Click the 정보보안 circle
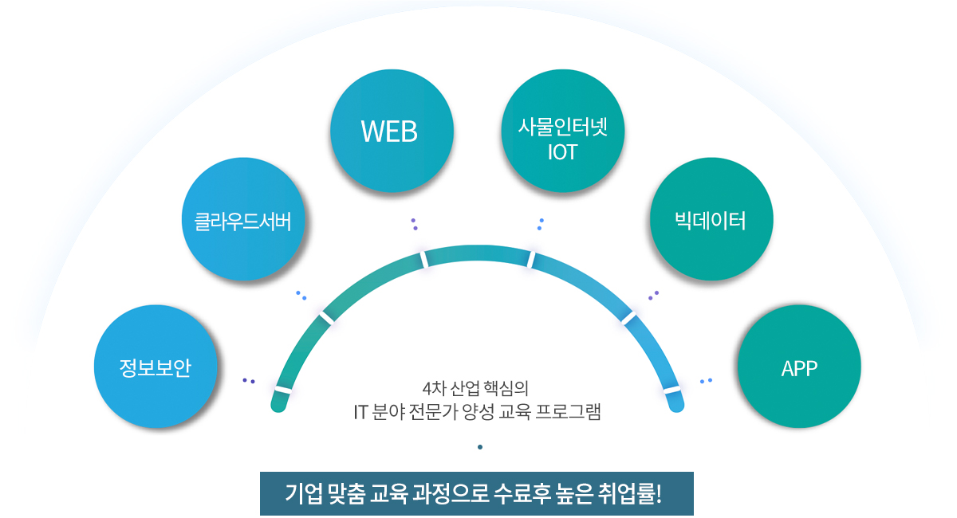coord(156,367)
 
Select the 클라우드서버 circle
coord(243,219)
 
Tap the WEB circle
coord(391,132)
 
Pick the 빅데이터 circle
coord(711,219)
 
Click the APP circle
coord(799,367)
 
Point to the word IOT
coord(562,152)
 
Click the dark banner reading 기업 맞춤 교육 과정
coord(476,493)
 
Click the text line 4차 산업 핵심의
coord(476,389)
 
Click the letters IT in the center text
coord(360,412)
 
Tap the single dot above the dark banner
coord(480,447)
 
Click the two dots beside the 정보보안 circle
coord(249,381)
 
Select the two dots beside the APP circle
coord(706,380)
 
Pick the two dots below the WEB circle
coord(414,224)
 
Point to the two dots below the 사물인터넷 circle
coord(541,224)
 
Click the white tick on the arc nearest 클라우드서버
coord(326,316)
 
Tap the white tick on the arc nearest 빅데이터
coord(628,317)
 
